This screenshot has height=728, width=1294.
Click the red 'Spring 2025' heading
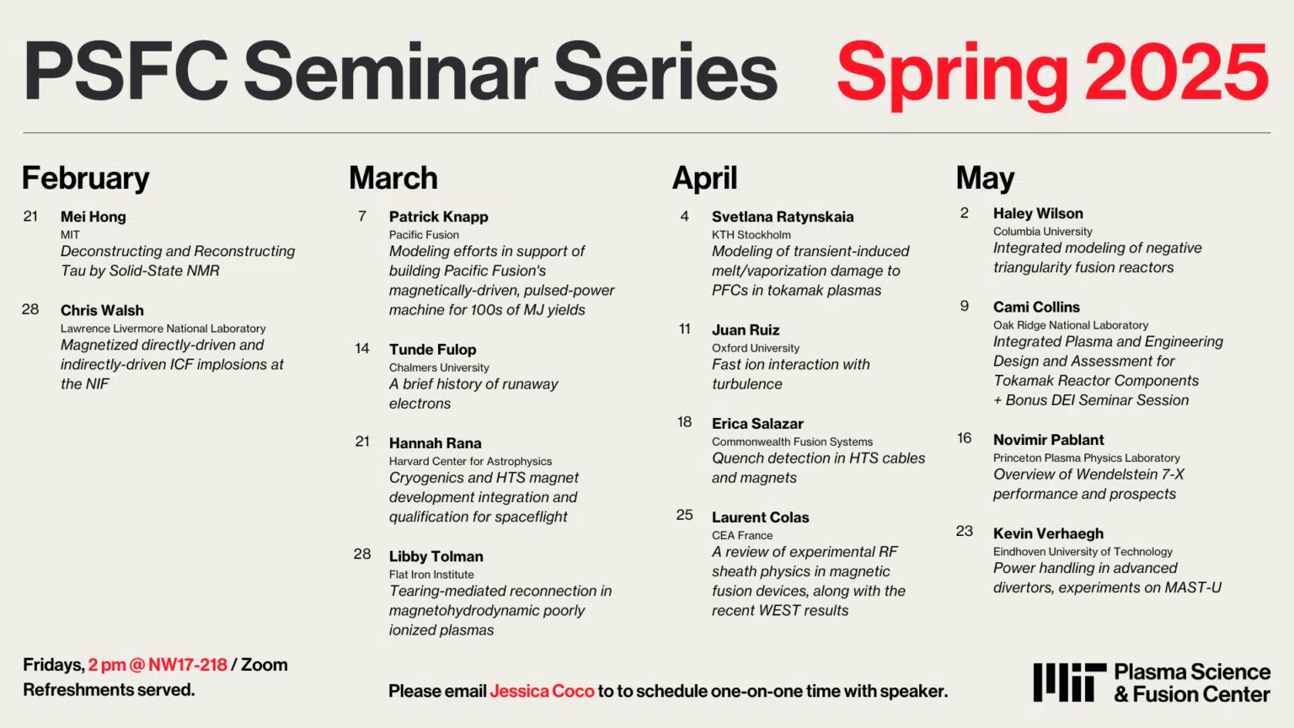point(1052,75)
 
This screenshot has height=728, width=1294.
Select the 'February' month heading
point(85,178)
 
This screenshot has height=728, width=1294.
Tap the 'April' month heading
point(705,178)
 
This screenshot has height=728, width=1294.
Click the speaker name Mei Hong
point(93,217)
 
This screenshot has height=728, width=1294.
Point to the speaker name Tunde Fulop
point(433,350)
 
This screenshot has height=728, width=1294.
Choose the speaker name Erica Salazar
point(757,424)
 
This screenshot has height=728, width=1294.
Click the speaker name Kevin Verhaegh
point(1049,533)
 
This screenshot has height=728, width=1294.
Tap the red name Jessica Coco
point(542,691)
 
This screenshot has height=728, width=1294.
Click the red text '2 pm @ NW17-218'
point(158,665)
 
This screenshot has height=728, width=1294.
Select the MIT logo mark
point(1069,682)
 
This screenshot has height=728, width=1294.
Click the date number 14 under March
point(362,348)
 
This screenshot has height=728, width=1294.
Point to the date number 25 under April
point(685,515)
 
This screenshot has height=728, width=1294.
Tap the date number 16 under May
point(964,438)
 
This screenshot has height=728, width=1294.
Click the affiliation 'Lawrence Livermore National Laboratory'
point(163,329)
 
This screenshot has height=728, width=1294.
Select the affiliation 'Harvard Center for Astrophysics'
point(470,462)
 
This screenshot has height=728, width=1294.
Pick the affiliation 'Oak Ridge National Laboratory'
point(1071,325)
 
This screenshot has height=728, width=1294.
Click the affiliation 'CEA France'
point(741,536)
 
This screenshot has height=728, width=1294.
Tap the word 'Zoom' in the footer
point(264,665)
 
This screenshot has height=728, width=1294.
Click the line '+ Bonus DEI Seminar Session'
point(1091,400)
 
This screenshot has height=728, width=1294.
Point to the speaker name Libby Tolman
point(436,556)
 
